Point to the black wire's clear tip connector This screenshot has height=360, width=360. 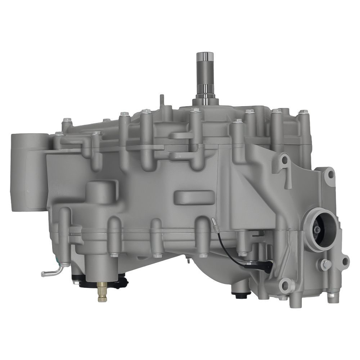point(214,222)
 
